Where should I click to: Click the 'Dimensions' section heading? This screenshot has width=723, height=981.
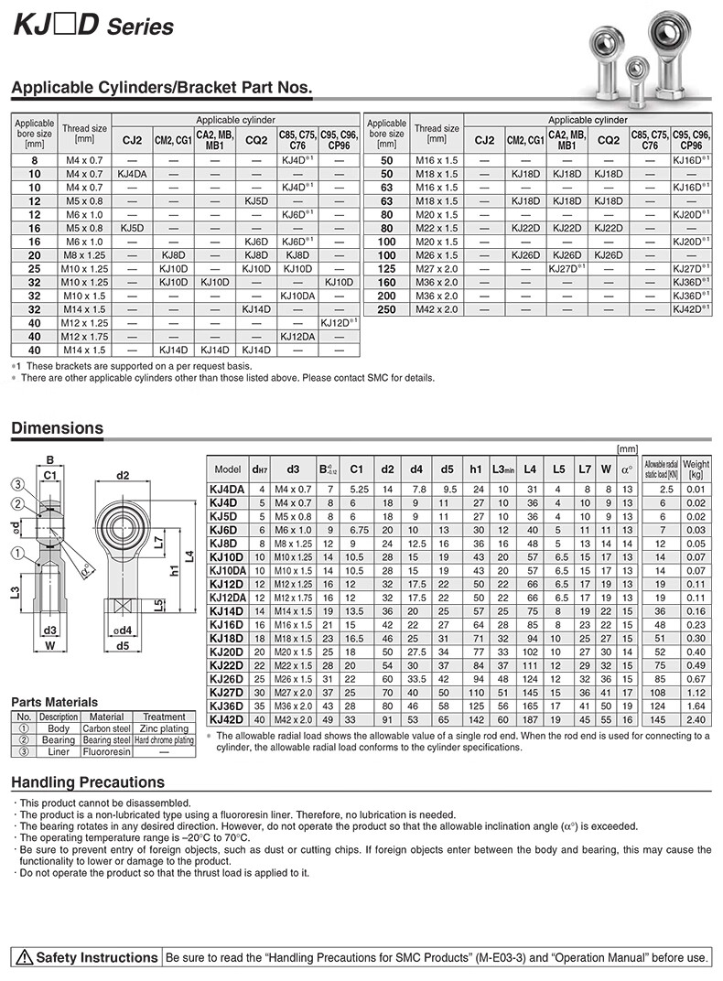[57, 428]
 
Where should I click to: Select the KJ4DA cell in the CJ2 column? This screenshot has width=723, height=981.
[132, 174]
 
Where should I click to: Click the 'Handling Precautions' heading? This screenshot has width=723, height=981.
[88, 782]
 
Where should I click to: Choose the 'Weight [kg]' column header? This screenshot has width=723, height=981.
[696, 469]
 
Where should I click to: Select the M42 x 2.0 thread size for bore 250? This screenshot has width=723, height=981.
[437, 309]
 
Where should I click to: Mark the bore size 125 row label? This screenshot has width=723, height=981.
[386, 269]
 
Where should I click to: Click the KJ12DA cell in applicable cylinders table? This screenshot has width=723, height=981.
[297, 337]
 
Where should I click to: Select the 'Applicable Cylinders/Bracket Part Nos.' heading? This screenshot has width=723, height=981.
[161, 89]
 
